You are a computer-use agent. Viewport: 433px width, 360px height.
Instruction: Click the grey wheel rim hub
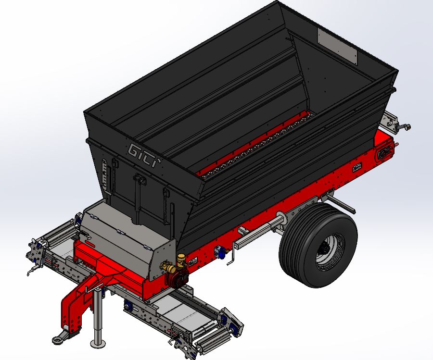pyautogui.click(x=329, y=251)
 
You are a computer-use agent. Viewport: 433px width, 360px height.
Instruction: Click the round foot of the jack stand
pyautogui.click(x=98, y=344)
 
